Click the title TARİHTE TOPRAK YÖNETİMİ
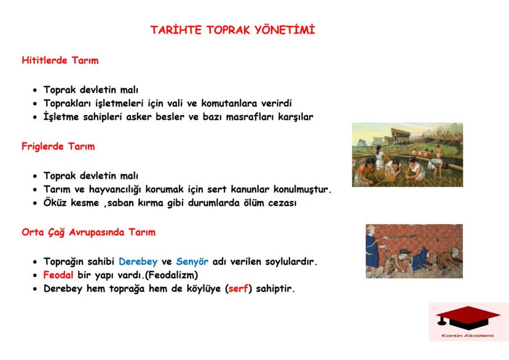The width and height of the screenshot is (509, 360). click(233, 29)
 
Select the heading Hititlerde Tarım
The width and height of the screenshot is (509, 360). click(60, 61)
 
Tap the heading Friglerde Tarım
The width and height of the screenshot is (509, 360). click(58, 147)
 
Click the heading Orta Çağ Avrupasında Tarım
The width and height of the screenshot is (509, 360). click(89, 233)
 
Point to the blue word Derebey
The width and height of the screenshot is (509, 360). click(139, 262)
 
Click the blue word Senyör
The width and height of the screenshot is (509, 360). click(194, 262)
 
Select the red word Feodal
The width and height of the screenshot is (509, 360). click(59, 275)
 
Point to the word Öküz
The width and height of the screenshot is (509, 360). click(56, 202)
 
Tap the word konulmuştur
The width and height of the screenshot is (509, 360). click(297, 189)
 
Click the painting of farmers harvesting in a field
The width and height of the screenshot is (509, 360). click(407, 154)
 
